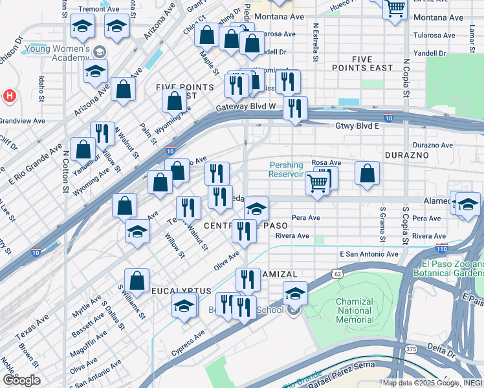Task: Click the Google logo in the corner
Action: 21,380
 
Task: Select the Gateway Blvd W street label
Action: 246,107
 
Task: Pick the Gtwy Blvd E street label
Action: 357,126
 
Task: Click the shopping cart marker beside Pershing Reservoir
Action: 316,183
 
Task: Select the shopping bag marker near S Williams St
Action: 137,281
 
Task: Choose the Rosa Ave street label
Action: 326,162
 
